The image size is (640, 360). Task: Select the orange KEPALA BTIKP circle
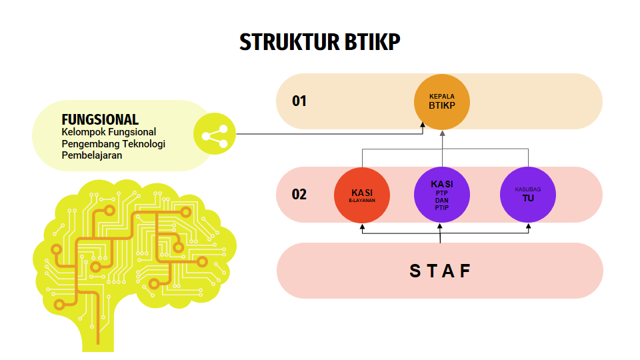pyautogui.click(x=441, y=101)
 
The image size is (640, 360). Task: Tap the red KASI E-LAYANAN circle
pyautogui.click(x=362, y=195)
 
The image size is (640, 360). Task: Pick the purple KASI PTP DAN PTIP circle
pyautogui.click(x=441, y=195)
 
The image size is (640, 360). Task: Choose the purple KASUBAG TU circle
pyautogui.click(x=528, y=195)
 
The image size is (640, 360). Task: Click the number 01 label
pyautogui.click(x=299, y=101)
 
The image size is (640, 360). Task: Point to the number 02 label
pyautogui.click(x=299, y=195)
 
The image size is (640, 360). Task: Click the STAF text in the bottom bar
pyautogui.click(x=440, y=271)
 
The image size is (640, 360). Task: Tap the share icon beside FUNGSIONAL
pyautogui.click(x=215, y=136)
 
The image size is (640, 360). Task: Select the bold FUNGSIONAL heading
pyautogui.click(x=100, y=120)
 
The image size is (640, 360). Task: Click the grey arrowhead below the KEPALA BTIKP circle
pyautogui.click(x=442, y=134)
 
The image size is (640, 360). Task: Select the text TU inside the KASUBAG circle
pyautogui.click(x=528, y=198)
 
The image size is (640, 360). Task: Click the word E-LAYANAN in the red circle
pyautogui.click(x=362, y=200)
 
